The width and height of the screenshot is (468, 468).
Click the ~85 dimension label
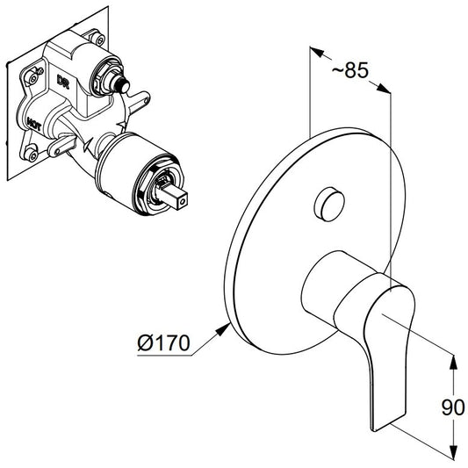click(x=349, y=71)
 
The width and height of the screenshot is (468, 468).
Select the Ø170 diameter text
click(x=163, y=342)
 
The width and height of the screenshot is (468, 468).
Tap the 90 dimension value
click(x=453, y=407)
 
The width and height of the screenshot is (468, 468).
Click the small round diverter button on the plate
click(x=329, y=205)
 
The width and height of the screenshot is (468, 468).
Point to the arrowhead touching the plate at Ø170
click(x=223, y=329)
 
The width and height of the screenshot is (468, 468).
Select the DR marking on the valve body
click(x=63, y=82)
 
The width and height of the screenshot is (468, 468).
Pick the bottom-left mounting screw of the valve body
click(x=32, y=155)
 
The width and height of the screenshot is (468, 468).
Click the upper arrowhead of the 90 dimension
click(x=453, y=364)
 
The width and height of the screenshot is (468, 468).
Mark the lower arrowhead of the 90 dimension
click(x=453, y=451)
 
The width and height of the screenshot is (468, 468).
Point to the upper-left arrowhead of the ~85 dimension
click(x=317, y=52)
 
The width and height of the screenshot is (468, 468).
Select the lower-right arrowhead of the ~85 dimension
click(x=383, y=88)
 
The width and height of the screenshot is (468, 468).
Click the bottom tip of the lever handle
click(x=374, y=429)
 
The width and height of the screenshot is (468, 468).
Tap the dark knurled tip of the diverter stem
click(x=123, y=84)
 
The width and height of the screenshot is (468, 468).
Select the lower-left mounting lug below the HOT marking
click(x=61, y=146)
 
